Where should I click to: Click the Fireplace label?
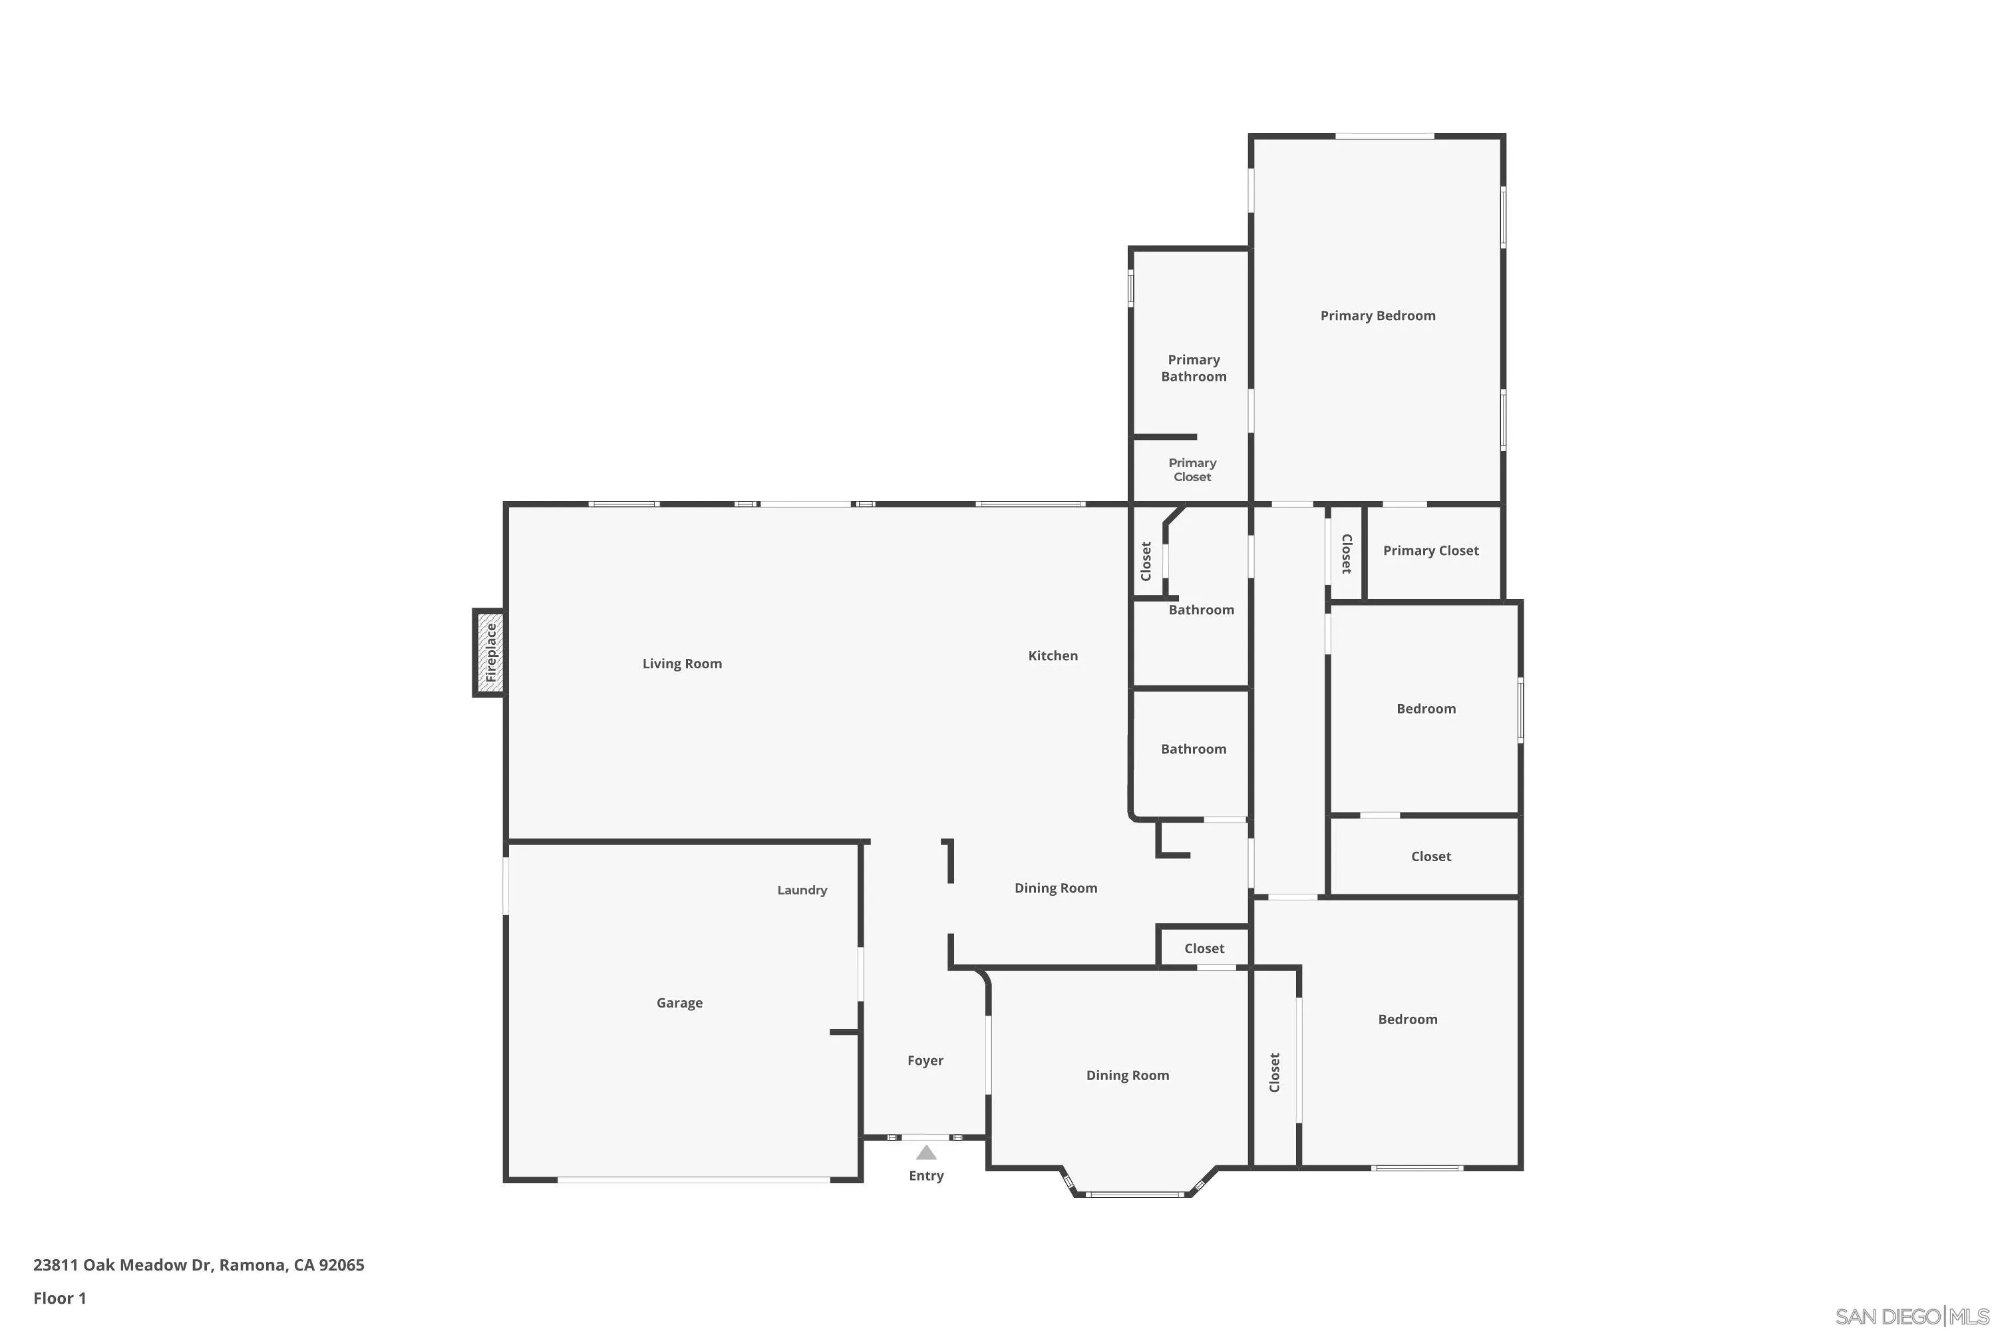click(x=490, y=653)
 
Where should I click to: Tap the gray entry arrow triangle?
click(x=926, y=1153)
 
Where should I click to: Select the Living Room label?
click(x=681, y=664)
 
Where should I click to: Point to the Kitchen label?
click(x=1053, y=656)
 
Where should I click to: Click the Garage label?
click(x=679, y=1002)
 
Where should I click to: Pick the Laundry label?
click(x=802, y=890)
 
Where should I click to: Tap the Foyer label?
click(x=925, y=1060)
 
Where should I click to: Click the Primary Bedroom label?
click(x=1377, y=315)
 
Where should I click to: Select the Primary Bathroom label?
click(x=1193, y=369)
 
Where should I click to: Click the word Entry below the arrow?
click(x=926, y=1176)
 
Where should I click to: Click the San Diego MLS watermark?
click(x=1913, y=1316)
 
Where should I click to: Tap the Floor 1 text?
click(x=59, y=1298)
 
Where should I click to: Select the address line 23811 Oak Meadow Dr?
click(x=198, y=1265)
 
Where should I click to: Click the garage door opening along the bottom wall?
click(x=693, y=1180)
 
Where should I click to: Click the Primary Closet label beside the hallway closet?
click(x=1431, y=551)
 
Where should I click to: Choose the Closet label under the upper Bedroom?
click(x=1431, y=856)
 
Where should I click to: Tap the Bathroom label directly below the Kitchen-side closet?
click(x=1201, y=610)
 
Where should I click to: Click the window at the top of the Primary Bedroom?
click(x=1385, y=136)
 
